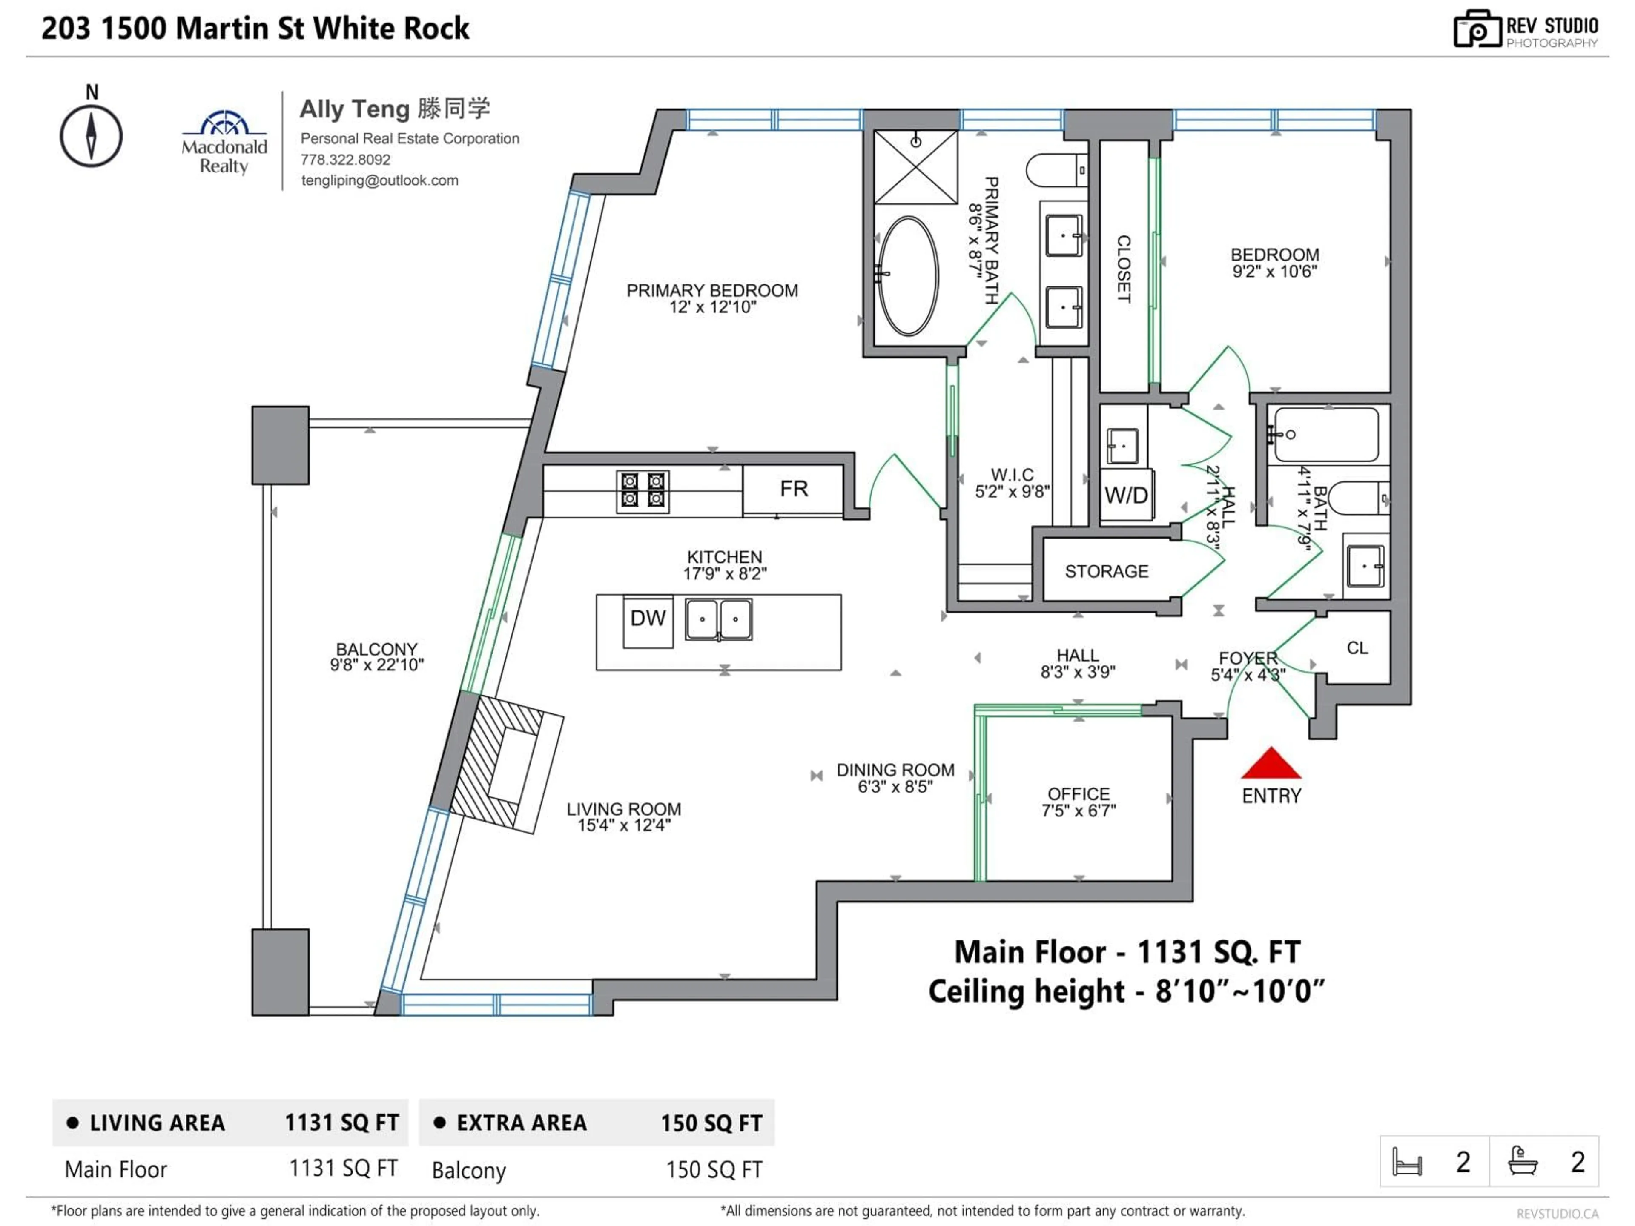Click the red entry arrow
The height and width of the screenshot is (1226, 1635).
click(1271, 764)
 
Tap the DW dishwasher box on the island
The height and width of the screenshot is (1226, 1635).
click(648, 619)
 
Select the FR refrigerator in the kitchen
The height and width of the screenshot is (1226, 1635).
click(793, 489)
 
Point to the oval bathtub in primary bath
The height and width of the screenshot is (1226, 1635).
click(908, 276)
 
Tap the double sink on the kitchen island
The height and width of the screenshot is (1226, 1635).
click(718, 619)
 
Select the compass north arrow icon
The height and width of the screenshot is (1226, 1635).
click(91, 136)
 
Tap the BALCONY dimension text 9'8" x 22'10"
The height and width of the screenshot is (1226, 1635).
click(377, 665)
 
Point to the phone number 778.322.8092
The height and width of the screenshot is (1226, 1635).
click(345, 160)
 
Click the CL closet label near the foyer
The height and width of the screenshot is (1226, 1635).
click(1357, 648)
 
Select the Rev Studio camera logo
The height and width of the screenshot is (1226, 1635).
click(1477, 29)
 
